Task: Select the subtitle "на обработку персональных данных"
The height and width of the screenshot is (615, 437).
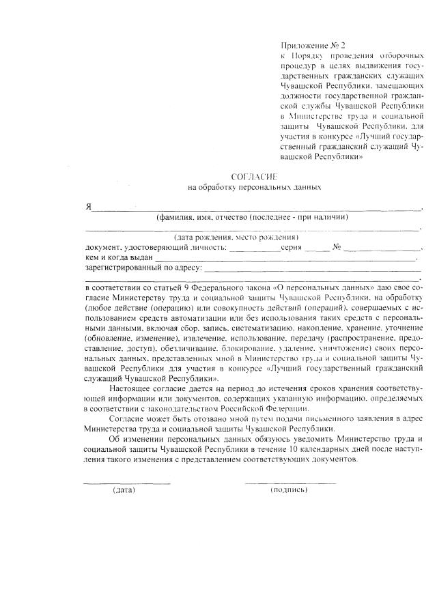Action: click(254, 187)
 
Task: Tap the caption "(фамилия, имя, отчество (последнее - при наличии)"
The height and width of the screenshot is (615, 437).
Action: click(253, 218)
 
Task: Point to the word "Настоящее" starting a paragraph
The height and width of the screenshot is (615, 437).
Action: click(130, 388)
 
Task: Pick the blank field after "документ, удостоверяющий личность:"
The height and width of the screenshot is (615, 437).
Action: click(254, 248)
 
